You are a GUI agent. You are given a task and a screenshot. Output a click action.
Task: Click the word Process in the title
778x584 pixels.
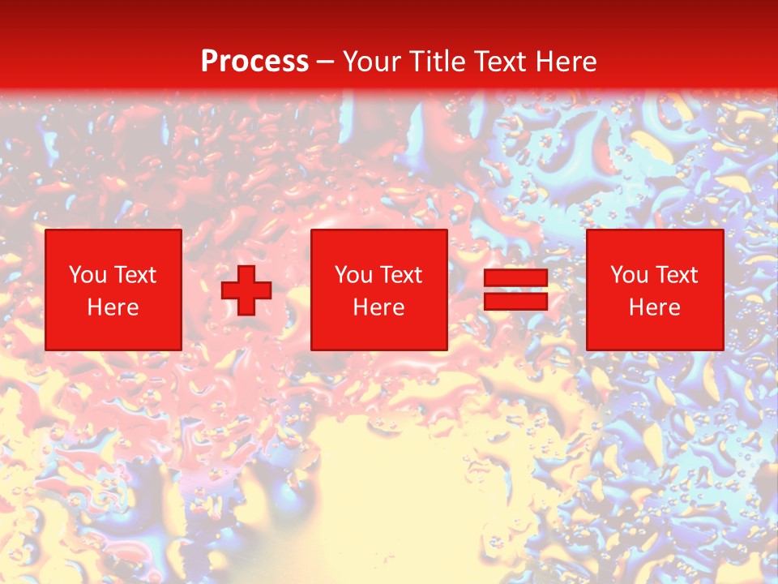pyautogui.click(x=254, y=62)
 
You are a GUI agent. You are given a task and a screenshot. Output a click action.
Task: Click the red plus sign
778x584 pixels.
pyautogui.click(x=246, y=290)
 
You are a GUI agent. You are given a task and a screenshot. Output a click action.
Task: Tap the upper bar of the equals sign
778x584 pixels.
pyautogui.click(x=515, y=277)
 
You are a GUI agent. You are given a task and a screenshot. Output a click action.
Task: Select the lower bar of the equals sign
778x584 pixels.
pyautogui.click(x=515, y=302)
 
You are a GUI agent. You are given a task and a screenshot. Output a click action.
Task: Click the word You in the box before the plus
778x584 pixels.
pyautogui.click(x=88, y=275)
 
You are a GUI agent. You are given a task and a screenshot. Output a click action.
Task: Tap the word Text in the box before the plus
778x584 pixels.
pyautogui.click(x=135, y=275)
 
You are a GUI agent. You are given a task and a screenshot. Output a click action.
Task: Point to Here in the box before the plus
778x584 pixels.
pyautogui.click(x=113, y=307)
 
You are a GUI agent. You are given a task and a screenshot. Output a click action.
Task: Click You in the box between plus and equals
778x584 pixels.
pyautogui.click(x=353, y=275)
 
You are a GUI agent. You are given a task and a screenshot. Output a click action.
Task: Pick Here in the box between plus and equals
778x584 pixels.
pyautogui.click(x=379, y=307)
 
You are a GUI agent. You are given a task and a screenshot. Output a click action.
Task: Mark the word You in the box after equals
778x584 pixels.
pyautogui.click(x=629, y=275)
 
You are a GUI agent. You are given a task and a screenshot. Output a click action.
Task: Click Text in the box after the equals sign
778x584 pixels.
pyautogui.click(x=676, y=275)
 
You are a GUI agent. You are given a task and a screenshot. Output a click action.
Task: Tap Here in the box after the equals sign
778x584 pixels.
pyautogui.click(x=655, y=307)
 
